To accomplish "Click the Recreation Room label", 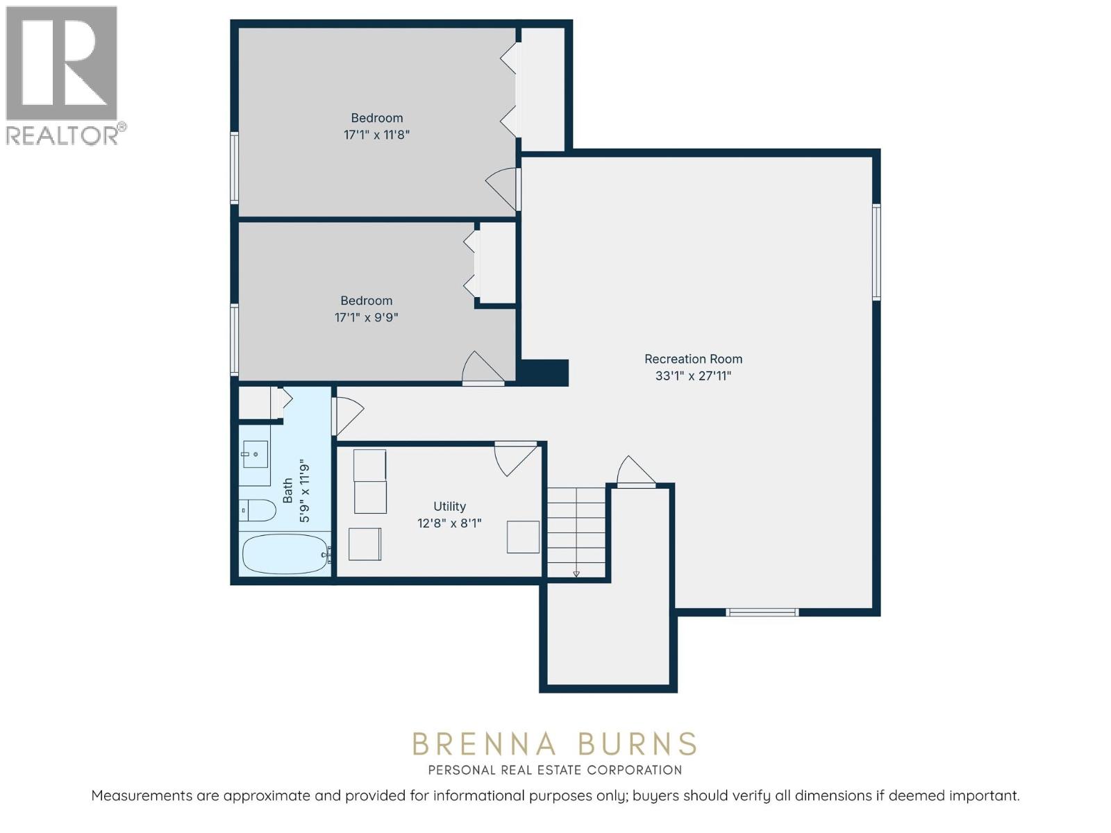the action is point(693,359).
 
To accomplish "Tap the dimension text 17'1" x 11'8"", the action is point(376,135).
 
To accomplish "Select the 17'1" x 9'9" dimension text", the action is point(367,318).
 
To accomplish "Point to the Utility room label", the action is point(449,506).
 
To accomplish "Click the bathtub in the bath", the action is point(286,554).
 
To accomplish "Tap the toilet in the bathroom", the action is point(257,510).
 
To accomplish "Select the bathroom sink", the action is point(256,454).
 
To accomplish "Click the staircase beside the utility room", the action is point(576,532).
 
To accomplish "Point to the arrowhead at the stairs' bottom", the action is point(576,574).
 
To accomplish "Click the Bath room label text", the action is point(287,491).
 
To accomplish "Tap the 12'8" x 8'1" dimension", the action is point(449,523).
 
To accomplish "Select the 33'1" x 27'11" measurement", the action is point(694,376).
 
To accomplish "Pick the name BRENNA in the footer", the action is point(485,745).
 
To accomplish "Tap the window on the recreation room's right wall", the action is point(876,252).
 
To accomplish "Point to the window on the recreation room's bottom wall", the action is point(762,612).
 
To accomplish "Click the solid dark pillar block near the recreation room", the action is point(542,373).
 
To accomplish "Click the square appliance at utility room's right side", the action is point(524,537).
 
